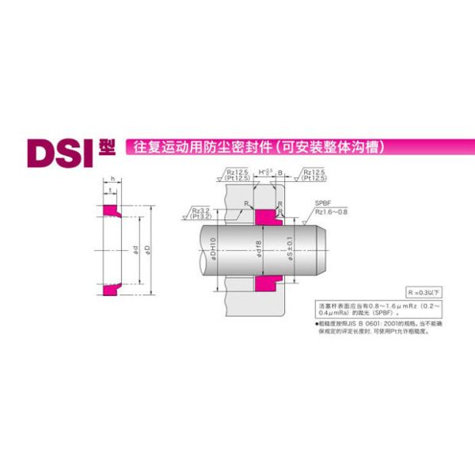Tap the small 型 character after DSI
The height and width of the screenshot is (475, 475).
(x=107, y=146)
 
